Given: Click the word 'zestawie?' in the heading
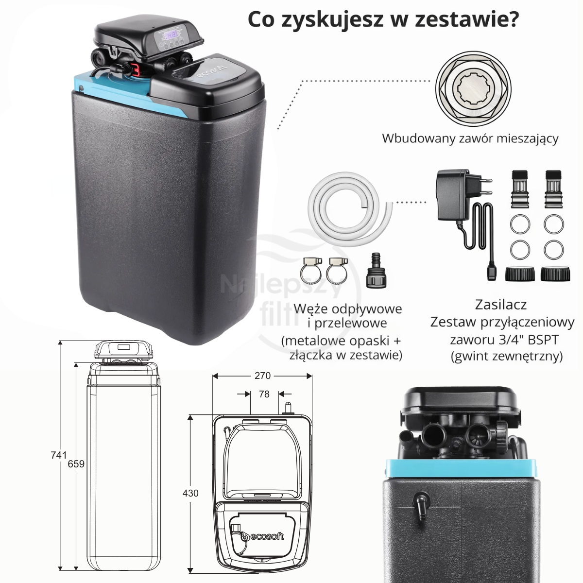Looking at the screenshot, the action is click(467, 19).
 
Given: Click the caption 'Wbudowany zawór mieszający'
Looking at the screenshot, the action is click(470, 138).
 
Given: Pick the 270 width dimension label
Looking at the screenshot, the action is click(262, 376).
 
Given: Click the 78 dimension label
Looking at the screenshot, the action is click(264, 394).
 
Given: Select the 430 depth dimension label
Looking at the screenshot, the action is click(190, 493).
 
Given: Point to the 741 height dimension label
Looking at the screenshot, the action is click(59, 455).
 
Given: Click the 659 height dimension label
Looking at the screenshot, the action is click(76, 464).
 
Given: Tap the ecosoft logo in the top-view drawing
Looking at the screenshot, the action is click(263, 536).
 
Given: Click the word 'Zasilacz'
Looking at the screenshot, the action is click(501, 305).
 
